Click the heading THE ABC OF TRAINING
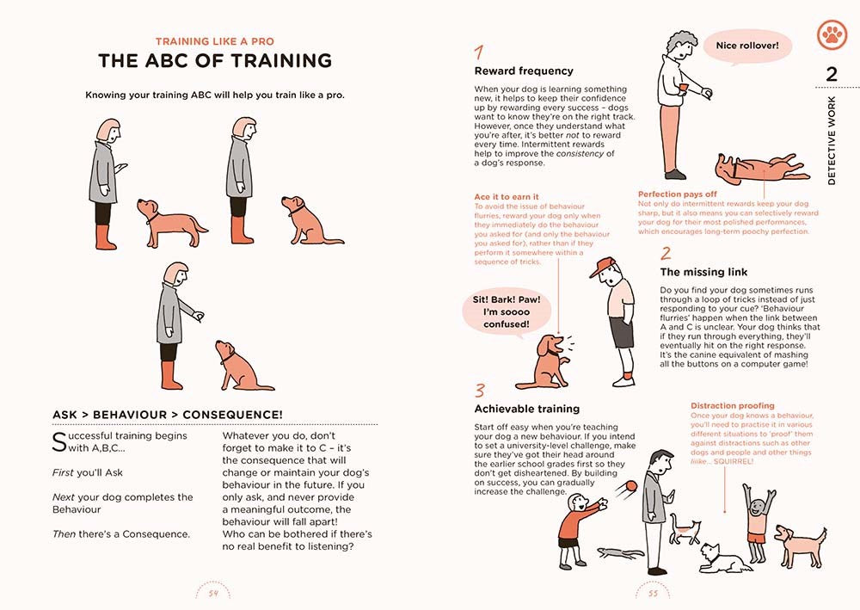(214, 60)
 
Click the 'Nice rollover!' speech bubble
(746, 45)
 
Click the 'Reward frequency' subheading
(524, 71)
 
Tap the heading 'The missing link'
(703, 272)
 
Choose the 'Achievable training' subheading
(527, 409)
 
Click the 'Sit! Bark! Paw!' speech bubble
(507, 311)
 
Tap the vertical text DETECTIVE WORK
(831, 140)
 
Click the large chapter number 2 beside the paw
(831, 74)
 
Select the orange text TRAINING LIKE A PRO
(214, 40)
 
